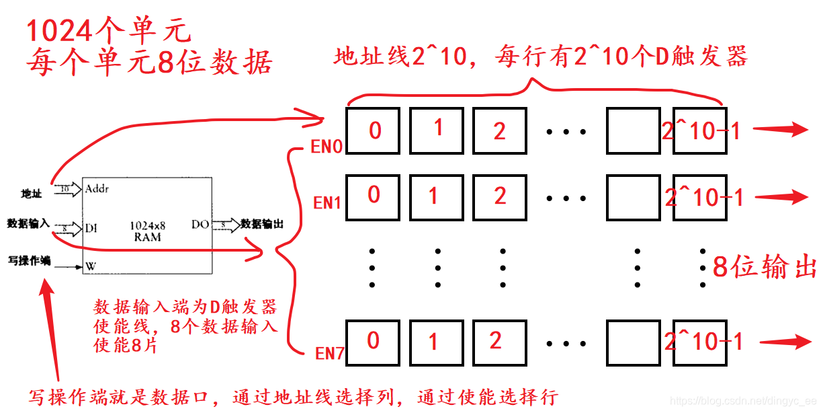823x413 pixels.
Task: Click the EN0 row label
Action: (x=327, y=147)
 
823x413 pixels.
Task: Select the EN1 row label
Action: (x=328, y=202)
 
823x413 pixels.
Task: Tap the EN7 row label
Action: (x=330, y=352)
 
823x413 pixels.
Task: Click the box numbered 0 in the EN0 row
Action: (x=373, y=130)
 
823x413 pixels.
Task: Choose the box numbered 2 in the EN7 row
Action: (x=498, y=342)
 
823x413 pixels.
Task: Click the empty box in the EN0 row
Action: (x=633, y=130)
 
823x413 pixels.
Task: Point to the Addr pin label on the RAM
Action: (x=97, y=189)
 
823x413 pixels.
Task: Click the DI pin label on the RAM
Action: (x=91, y=228)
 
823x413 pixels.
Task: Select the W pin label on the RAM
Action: (x=91, y=266)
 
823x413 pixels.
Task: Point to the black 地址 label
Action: (x=31, y=194)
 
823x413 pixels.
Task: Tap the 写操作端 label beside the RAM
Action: (x=29, y=260)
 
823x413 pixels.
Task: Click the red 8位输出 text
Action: (x=765, y=267)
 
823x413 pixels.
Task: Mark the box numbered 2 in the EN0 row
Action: (x=499, y=130)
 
